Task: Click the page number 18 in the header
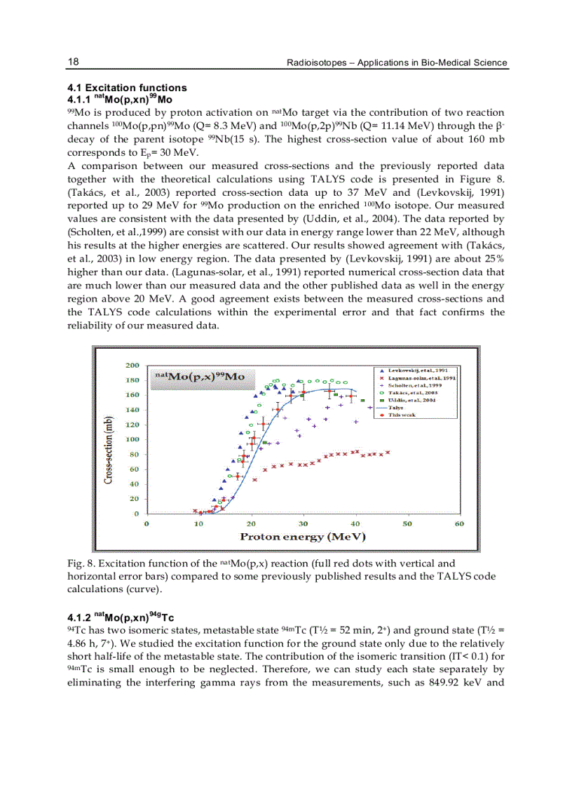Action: [73, 62]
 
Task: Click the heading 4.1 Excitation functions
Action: [127, 88]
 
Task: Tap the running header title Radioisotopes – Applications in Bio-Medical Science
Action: [397, 63]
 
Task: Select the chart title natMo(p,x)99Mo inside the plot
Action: [200, 377]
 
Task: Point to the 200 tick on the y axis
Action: [132, 366]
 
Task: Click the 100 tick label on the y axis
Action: [132, 439]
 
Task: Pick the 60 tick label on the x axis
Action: [459, 523]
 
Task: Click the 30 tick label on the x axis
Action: [303, 523]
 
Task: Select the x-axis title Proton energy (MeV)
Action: [303, 537]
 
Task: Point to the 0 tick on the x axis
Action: [146, 523]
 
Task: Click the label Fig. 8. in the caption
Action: [81, 563]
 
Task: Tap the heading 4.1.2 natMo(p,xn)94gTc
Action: [121, 618]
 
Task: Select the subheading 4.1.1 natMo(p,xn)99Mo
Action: [120, 99]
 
